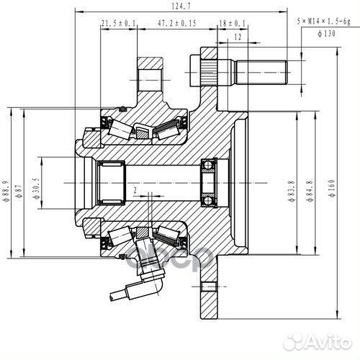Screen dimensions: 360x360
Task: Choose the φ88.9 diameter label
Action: point(6,182)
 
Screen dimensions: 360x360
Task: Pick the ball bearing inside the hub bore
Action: point(210,176)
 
